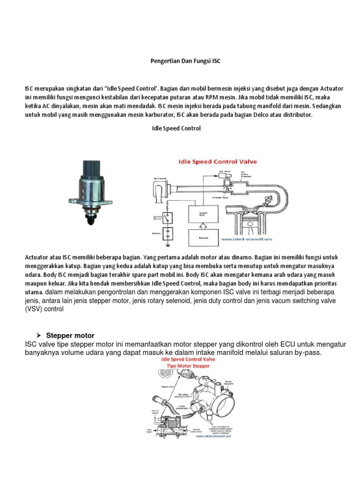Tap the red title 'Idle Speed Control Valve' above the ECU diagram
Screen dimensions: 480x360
click(x=216, y=162)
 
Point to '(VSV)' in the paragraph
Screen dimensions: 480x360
click(x=34, y=309)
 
